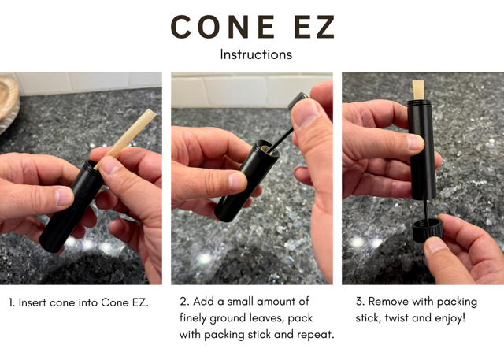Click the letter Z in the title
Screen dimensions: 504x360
[323, 27]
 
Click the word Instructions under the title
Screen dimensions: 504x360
[256, 54]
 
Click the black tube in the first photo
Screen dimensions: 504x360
[72, 206]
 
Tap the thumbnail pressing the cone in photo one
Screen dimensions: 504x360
[110, 165]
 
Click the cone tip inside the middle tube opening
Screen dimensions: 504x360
[265, 150]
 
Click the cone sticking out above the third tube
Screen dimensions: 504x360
[418, 90]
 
